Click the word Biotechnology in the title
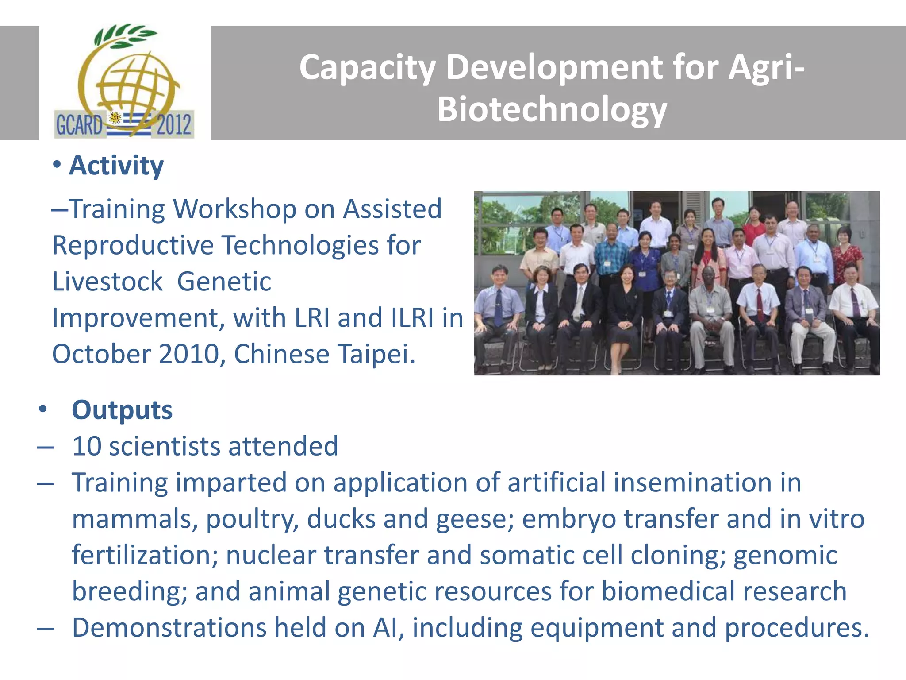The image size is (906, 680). coord(552,109)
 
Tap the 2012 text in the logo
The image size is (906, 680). coord(173,124)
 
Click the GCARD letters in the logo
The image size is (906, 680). coord(79,125)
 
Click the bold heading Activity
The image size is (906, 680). coord(116,166)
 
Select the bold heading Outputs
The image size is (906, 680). coord(122,410)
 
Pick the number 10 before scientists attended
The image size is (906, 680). coord(86,446)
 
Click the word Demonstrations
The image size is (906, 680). coord(169,628)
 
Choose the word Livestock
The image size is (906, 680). coord(107,282)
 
